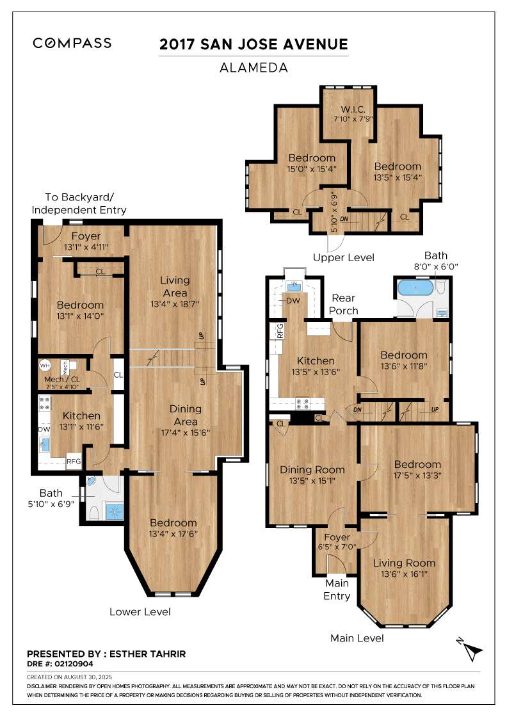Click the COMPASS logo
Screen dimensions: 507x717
pyautogui.click(x=72, y=43)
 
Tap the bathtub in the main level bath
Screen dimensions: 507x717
pyautogui.click(x=415, y=288)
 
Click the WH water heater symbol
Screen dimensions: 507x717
pyautogui.click(x=44, y=366)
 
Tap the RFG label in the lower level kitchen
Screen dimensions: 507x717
pyautogui.click(x=74, y=462)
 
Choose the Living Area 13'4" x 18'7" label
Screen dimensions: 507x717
pyautogui.click(x=175, y=292)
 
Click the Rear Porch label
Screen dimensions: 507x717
pyautogui.click(x=343, y=304)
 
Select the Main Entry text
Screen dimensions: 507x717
pyautogui.click(x=337, y=590)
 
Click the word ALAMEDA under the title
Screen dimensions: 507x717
pyautogui.click(x=253, y=68)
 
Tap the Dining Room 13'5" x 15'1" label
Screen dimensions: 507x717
pyautogui.click(x=312, y=474)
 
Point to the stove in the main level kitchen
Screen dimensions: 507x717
pyautogui.click(x=303, y=403)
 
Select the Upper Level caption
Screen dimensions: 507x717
pyautogui.click(x=343, y=257)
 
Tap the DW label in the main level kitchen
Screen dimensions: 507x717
pyautogui.click(x=293, y=300)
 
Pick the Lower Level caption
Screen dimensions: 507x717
pyautogui.click(x=140, y=612)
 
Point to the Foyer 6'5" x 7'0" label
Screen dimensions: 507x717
pyautogui.click(x=337, y=542)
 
